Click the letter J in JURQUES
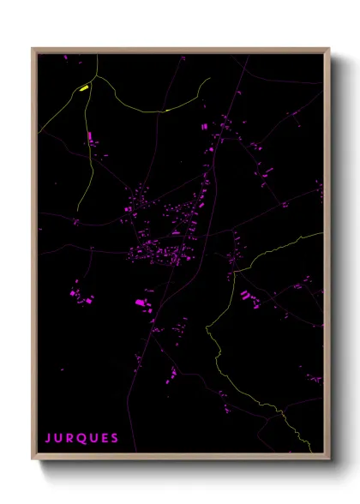pyautogui.click(x=48, y=438)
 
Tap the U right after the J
pyautogui.click(x=59, y=438)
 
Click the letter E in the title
pyautogui.click(x=105, y=438)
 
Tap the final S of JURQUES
pyautogui.click(x=115, y=438)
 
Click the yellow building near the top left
pyautogui.click(x=84, y=87)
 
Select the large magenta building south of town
pyautogui.click(x=140, y=303)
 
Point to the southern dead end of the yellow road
pyautogui.click(x=77, y=211)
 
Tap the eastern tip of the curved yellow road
pyautogui.click(x=210, y=79)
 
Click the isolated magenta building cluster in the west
pyautogui.click(x=80, y=297)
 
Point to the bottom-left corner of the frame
pyautogui.click(x=33, y=460)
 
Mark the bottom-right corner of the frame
pyautogui.click(x=329, y=460)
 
